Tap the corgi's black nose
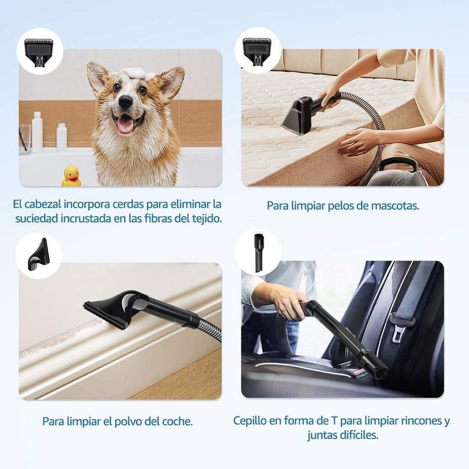coord(125,102)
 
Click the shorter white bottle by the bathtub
coord(62,136)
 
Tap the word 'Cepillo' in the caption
coord(250,421)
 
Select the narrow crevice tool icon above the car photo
coord(257,253)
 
